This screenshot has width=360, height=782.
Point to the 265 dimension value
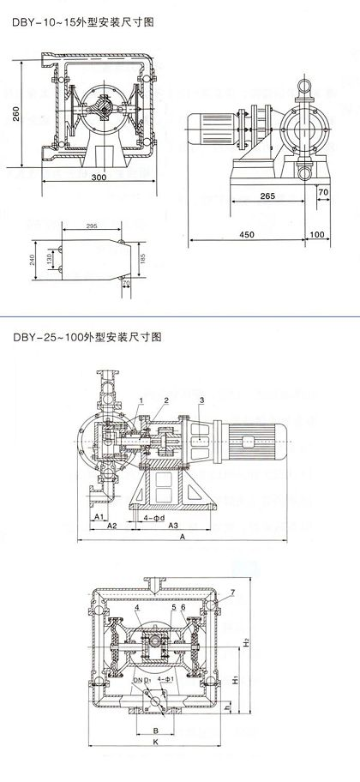click(x=266, y=196)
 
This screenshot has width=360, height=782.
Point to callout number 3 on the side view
click(x=201, y=400)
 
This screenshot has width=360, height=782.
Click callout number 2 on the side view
click(x=167, y=400)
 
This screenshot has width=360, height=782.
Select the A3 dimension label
click(x=171, y=523)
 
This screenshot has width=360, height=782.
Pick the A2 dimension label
click(x=111, y=523)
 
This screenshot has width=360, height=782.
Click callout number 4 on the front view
click(x=135, y=608)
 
